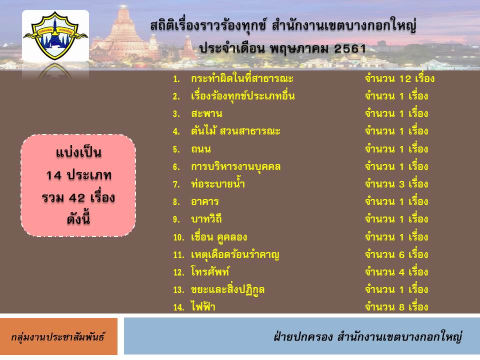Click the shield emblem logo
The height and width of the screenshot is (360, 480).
tap(55, 35)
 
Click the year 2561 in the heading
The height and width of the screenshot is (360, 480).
tap(350, 48)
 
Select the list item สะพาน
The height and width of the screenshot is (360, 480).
tap(206, 114)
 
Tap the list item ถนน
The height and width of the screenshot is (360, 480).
tap(201, 149)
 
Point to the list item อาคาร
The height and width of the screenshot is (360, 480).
tap(205, 201)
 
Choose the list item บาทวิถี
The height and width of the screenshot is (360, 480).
tap(206, 219)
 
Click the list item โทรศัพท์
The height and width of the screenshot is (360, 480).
tap(210, 271)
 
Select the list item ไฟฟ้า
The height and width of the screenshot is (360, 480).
tap(203, 306)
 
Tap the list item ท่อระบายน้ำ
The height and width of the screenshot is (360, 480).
tap(217, 183)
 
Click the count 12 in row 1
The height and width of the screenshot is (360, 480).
tap(405, 79)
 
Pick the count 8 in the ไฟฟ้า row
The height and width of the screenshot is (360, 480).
tap(401, 307)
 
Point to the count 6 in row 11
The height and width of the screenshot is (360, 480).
tap(401, 254)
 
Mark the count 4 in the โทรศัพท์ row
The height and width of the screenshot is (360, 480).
tap(401, 272)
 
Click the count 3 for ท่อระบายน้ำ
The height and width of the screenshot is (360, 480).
tap(401, 184)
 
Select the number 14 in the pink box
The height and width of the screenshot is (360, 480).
tap(54, 175)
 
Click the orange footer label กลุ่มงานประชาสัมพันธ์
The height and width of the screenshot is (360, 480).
tap(58, 336)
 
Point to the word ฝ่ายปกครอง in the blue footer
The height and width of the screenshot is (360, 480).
tap(303, 336)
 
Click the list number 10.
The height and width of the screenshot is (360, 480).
tap(179, 237)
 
